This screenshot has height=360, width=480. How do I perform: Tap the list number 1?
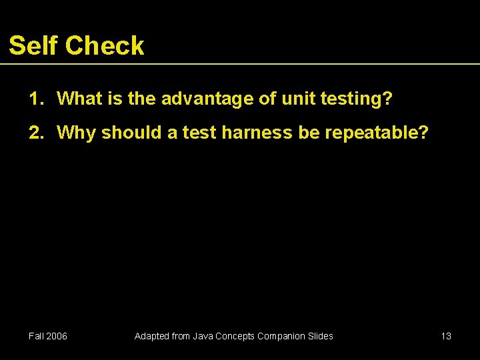(x=35, y=99)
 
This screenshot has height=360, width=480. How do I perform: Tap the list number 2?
(x=35, y=133)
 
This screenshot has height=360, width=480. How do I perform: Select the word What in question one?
(x=79, y=99)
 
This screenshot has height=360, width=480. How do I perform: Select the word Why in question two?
(x=77, y=133)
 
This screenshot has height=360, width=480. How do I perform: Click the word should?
(x=130, y=133)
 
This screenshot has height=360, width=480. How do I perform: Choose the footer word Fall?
(x=37, y=336)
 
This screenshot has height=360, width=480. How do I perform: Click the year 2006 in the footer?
(x=57, y=336)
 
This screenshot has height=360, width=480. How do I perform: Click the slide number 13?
(x=446, y=336)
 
